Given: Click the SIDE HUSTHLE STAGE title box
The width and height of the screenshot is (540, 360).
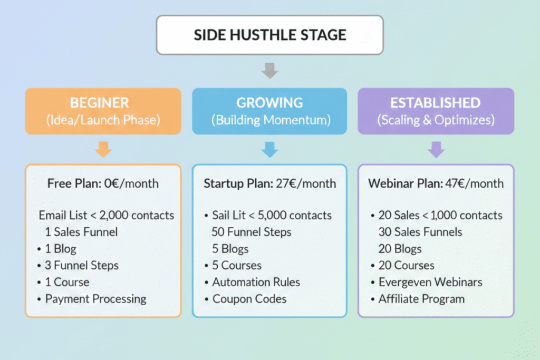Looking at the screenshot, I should (x=269, y=35).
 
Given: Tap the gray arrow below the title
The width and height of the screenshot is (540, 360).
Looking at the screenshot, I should (x=269, y=70).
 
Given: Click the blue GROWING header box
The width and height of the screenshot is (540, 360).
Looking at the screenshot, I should (x=269, y=111).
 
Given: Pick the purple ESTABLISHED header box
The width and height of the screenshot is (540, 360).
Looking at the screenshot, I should (x=436, y=111).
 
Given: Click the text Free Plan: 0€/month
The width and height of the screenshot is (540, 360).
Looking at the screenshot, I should (x=103, y=183).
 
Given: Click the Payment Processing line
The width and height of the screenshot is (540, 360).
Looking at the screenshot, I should (x=95, y=299).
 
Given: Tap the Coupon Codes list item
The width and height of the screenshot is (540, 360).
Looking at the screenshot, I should (x=249, y=299).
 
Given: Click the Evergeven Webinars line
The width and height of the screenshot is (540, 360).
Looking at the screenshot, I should (x=430, y=282).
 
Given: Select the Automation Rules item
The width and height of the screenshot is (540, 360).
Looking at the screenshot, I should (x=256, y=282).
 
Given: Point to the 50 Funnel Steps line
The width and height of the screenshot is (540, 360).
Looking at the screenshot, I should (x=252, y=232).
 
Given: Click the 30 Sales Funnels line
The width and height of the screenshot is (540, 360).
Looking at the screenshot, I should (x=420, y=232).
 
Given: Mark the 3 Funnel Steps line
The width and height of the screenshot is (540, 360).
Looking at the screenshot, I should (x=82, y=265).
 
